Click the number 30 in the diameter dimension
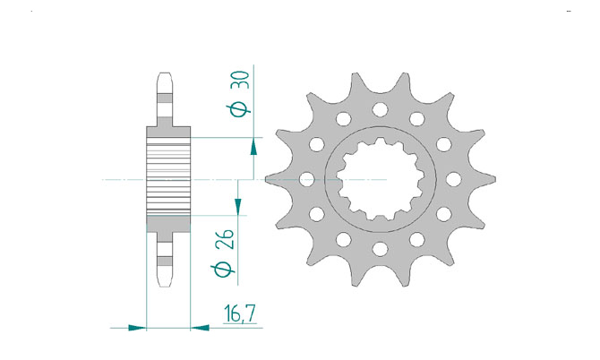[x=242, y=80]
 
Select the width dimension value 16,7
[x=240, y=313]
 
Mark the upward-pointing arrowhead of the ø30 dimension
[x=253, y=147]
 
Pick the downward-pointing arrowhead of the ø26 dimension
[x=237, y=208]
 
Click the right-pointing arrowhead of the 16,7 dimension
[x=137, y=328]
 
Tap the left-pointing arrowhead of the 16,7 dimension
[x=200, y=328]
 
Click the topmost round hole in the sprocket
[x=380, y=109]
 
